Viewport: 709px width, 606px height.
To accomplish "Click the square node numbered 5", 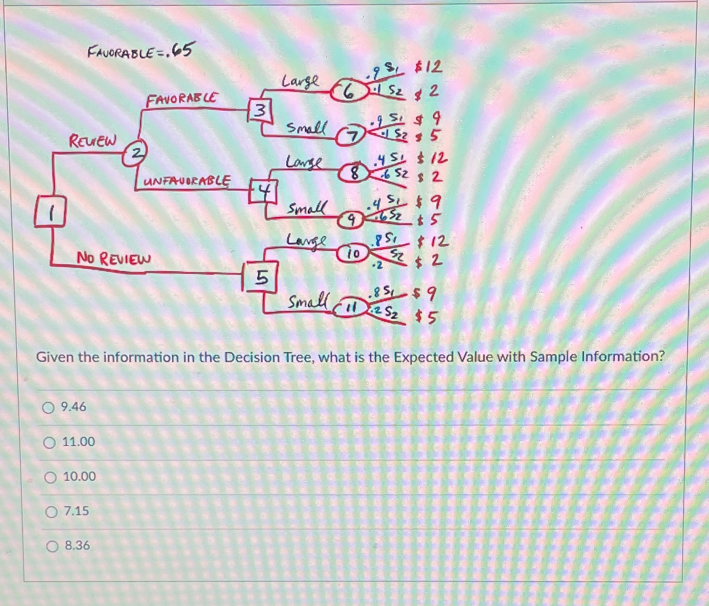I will click(x=261, y=277).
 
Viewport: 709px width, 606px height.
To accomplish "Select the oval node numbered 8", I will click(x=355, y=173).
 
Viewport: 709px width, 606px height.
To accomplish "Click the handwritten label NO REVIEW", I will click(x=114, y=258).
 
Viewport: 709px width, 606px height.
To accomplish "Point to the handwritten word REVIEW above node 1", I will click(x=93, y=141).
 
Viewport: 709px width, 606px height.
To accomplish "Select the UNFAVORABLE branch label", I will click(x=187, y=181).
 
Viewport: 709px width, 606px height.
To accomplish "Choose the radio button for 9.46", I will click(x=48, y=408).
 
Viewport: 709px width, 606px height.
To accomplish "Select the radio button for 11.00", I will click(x=49, y=443).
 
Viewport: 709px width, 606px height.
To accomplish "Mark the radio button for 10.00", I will click(x=50, y=477).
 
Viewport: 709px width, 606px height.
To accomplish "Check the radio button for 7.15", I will click(x=51, y=512).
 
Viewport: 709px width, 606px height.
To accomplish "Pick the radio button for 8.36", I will click(x=52, y=547).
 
